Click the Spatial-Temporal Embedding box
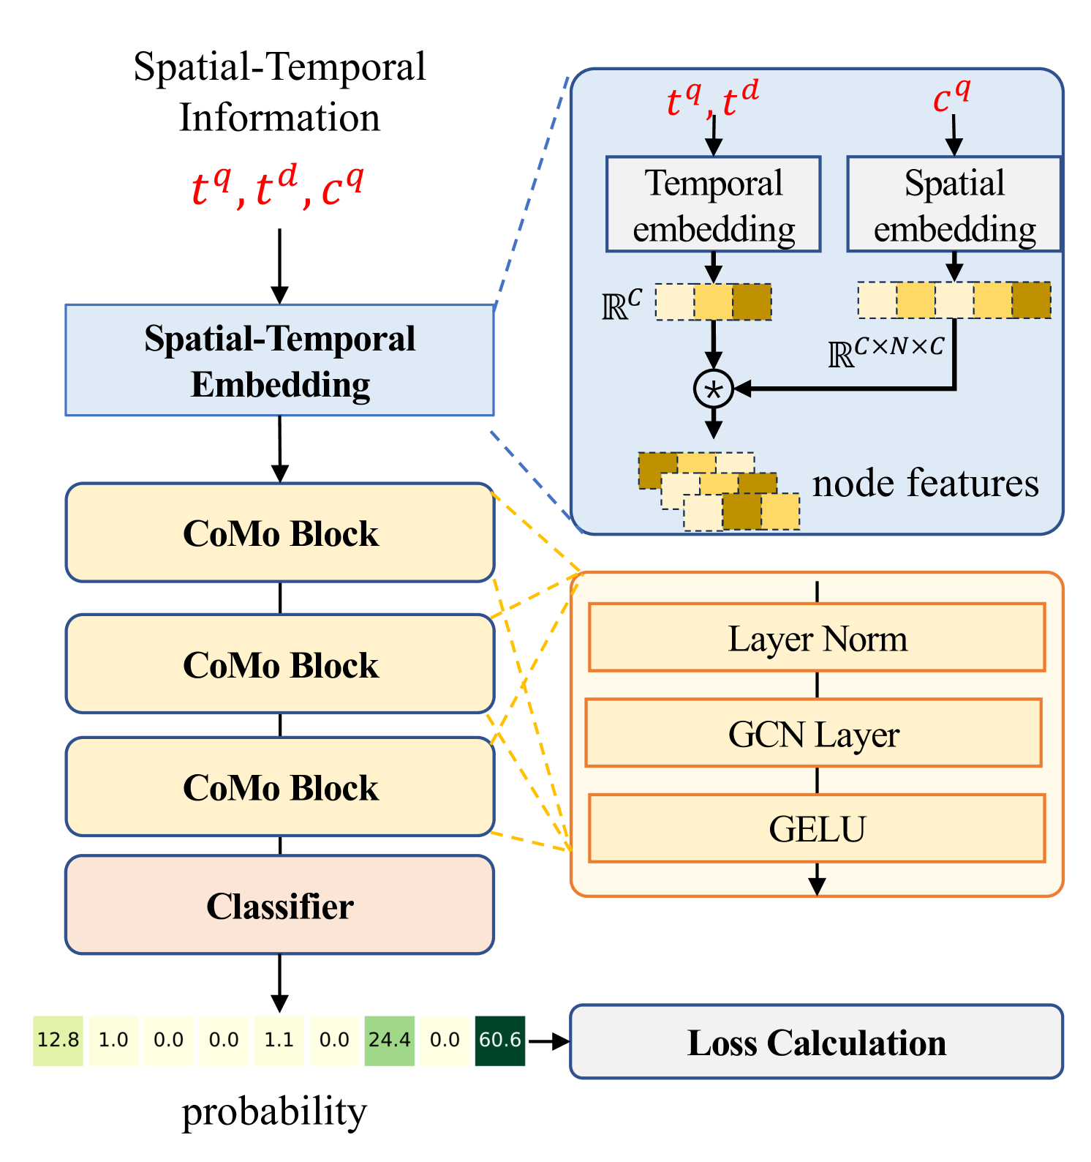pyautogui.click(x=279, y=360)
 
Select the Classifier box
pyautogui.click(x=279, y=905)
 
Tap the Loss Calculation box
pyautogui.click(x=816, y=1042)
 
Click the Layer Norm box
pyautogui.click(x=817, y=637)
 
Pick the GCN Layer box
pyautogui.click(x=813, y=732)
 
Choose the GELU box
pyautogui.click(x=817, y=828)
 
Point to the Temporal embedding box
pyautogui.click(x=713, y=204)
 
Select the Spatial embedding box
pyautogui.click(x=954, y=204)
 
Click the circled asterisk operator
pyautogui.click(x=713, y=389)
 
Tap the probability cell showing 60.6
pyautogui.click(x=500, y=1040)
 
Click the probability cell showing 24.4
pyautogui.click(x=390, y=1040)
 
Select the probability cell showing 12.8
pyautogui.click(x=58, y=1040)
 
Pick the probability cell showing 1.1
pyautogui.click(x=279, y=1040)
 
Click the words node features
pyautogui.click(x=925, y=483)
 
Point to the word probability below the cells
pyautogui.click(x=274, y=1112)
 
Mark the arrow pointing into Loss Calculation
pyautogui.click(x=548, y=1041)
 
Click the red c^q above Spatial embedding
pyautogui.click(x=952, y=97)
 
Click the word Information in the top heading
pyautogui.click(x=280, y=118)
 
